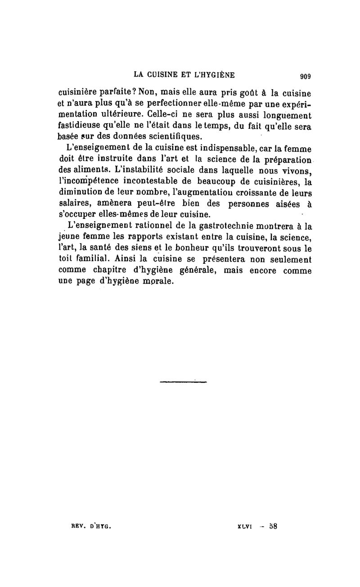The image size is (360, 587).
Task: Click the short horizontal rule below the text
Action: [183, 382]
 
